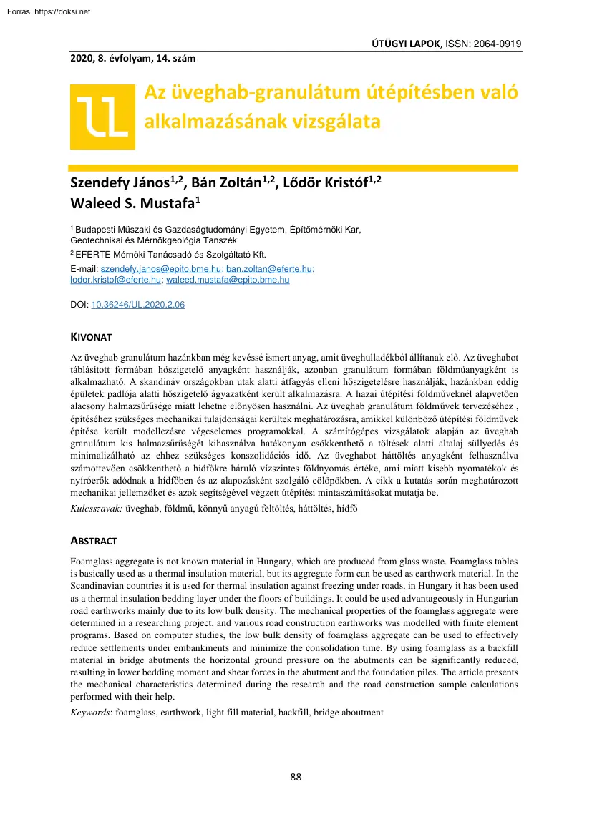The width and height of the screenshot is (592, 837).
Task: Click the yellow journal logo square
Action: [x=102, y=117]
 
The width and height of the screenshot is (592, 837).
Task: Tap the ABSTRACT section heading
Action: [x=94, y=541]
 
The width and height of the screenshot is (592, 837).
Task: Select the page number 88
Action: [x=296, y=778]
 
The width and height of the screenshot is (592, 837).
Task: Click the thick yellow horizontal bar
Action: [x=293, y=168]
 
